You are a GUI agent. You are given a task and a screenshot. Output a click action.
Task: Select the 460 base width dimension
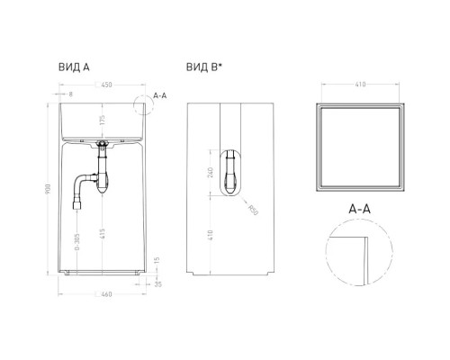click(105, 292)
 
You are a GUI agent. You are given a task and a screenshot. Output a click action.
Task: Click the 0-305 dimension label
click(77, 244)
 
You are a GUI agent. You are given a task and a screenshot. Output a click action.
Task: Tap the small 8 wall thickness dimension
click(70, 93)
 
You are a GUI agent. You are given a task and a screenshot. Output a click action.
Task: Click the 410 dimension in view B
click(211, 238)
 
